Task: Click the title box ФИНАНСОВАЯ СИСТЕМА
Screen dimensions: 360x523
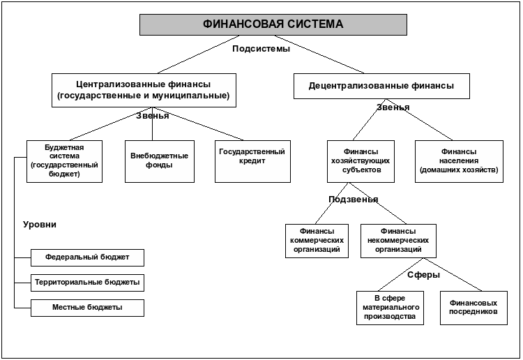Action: (273, 24)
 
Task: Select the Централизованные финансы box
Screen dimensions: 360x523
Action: (144, 90)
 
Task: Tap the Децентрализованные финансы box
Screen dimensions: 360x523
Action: (381, 86)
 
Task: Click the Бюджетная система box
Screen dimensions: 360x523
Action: (64, 161)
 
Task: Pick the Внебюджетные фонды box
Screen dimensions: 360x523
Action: (160, 161)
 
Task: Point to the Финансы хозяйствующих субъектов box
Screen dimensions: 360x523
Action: (361, 161)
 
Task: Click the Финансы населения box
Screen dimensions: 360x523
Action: (459, 161)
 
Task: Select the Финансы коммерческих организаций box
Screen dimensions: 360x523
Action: (317, 241)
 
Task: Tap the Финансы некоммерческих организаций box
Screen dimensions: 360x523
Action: (398, 241)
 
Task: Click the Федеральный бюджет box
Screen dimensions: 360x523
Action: (87, 257)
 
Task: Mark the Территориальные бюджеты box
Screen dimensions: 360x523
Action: (87, 283)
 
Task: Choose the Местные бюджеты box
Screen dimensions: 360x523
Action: (87, 308)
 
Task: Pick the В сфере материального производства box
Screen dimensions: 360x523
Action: (390, 308)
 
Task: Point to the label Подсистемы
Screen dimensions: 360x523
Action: (261, 49)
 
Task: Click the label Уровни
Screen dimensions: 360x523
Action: (40, 225)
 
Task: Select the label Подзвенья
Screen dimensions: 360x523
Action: (354, 200)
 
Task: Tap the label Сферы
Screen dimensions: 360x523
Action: (424, 275)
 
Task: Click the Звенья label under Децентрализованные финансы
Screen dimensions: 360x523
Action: (393, 107)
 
